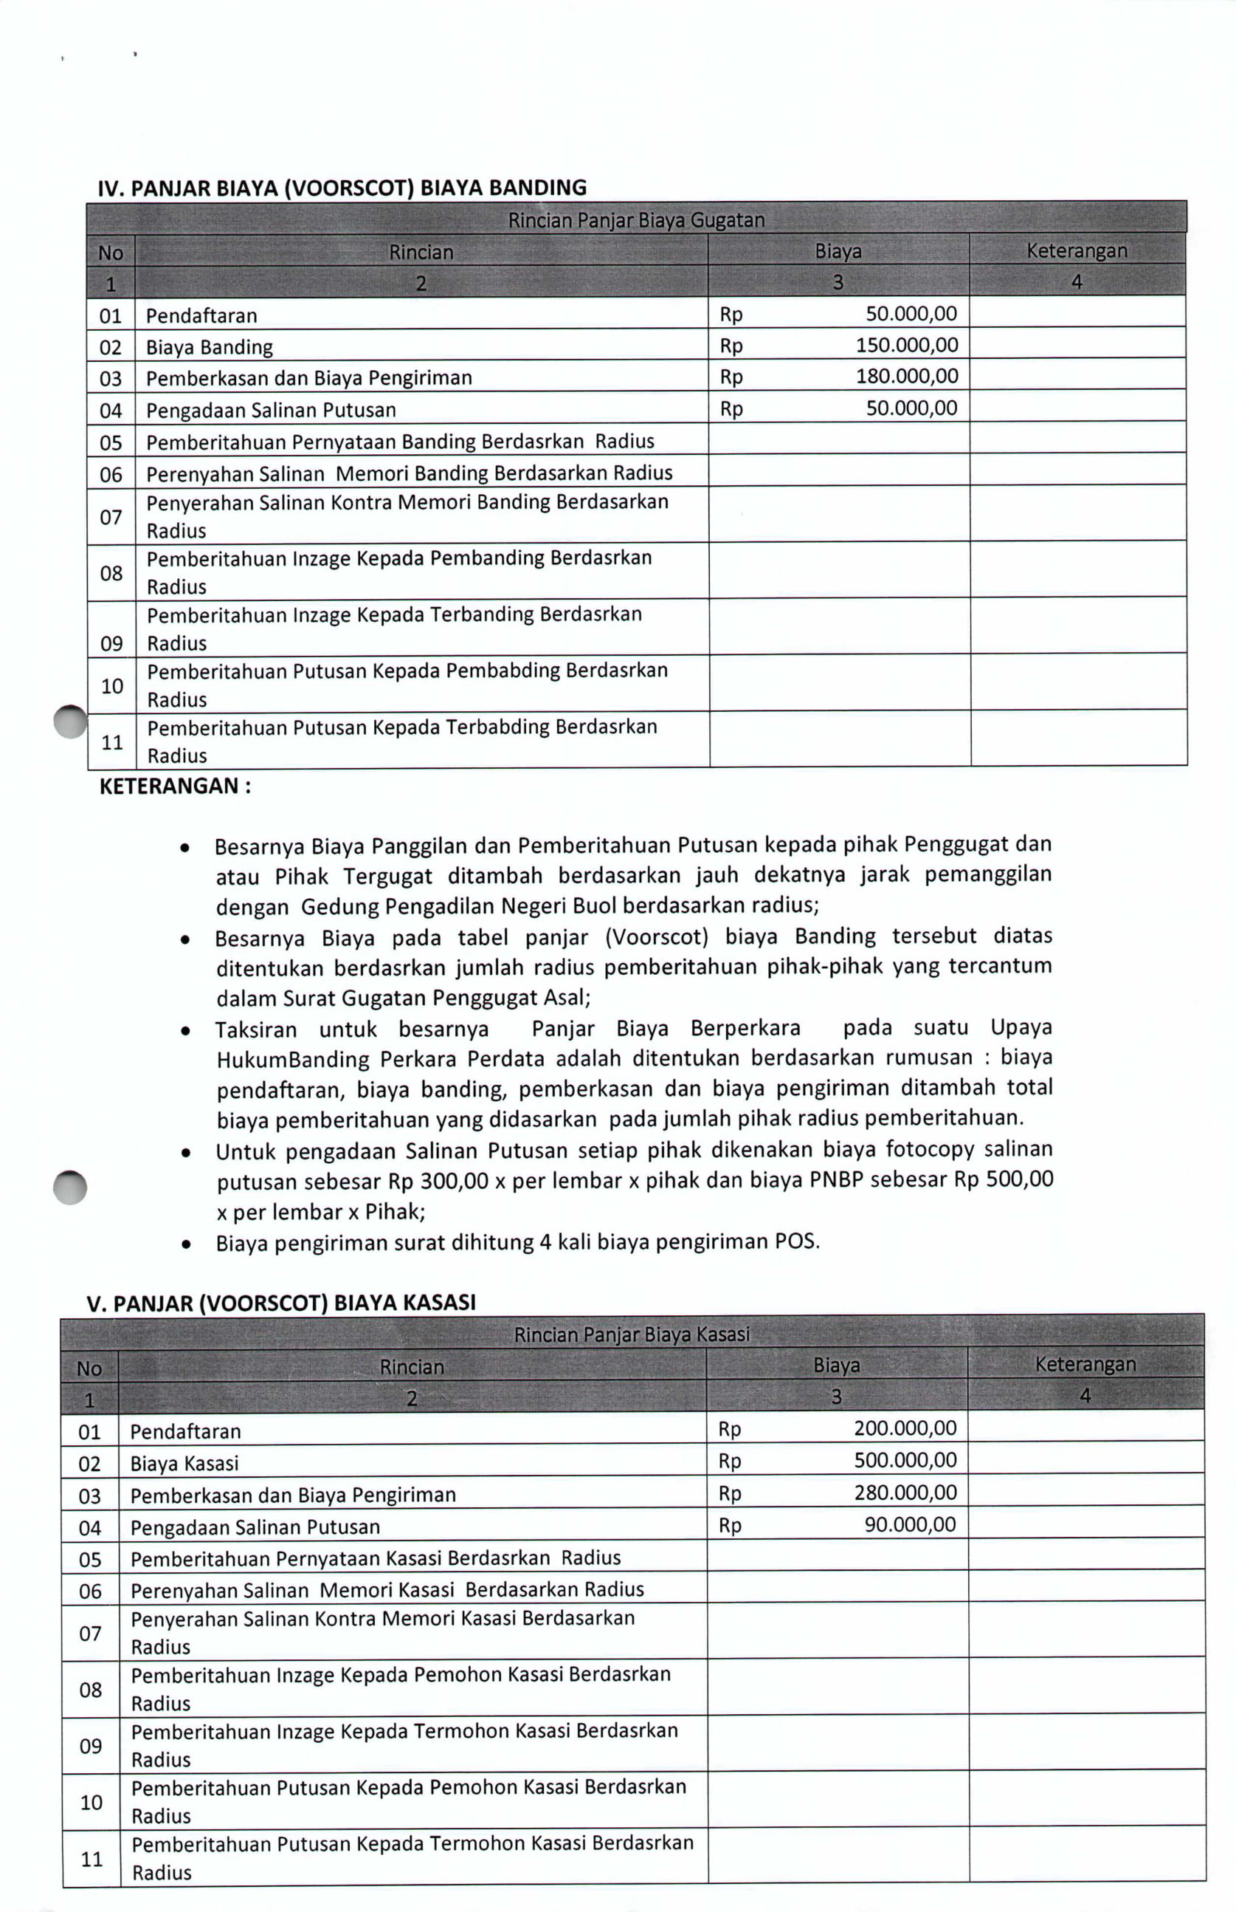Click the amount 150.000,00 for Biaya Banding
click(906, 346)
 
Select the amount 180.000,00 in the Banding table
click(906, 376)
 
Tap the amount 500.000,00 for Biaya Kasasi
click(905, 1460)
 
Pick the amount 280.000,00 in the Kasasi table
click(905, 1492)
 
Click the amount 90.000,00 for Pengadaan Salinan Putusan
click(909, 1524)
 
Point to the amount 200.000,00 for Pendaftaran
click(905, 1428)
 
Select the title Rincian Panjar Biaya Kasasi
click(632, 1334)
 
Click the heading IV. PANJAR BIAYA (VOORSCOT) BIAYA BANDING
click(342, 188)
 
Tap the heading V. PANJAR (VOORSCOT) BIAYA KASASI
click(281, 1303)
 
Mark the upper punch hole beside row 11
click(71, 721)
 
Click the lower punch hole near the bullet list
click(70, 1188)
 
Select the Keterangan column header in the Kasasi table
click(1085, 1364)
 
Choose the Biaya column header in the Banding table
click(838, 251)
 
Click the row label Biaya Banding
click(210, 347)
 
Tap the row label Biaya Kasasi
click(184, 1463)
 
